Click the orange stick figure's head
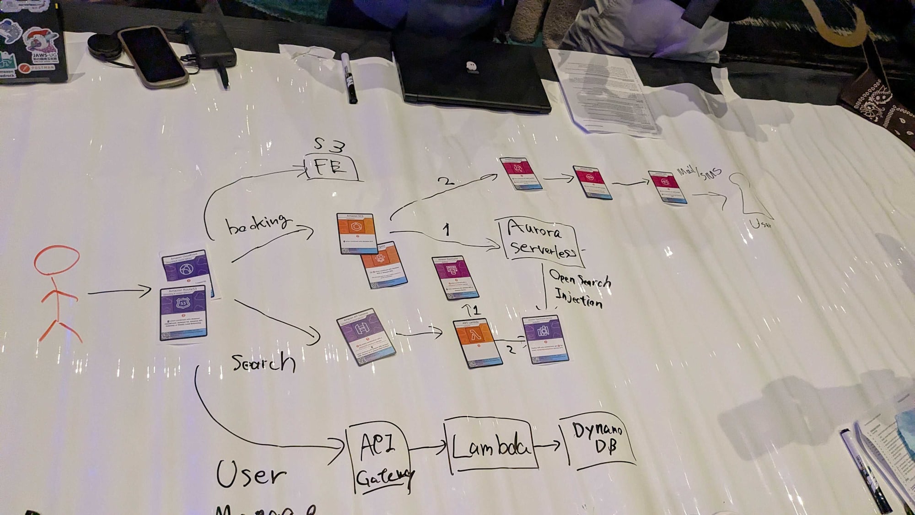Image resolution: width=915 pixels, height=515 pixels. [x=57, y=260]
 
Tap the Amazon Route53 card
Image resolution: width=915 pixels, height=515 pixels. [x=183, y=314]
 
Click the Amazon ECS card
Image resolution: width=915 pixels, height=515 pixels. [x=357, y=233]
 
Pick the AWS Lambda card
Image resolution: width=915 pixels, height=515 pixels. [x=477, y=342]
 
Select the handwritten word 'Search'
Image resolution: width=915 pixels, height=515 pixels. [x=263, y=363]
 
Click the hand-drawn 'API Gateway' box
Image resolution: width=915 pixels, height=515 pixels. [x=378, y=458]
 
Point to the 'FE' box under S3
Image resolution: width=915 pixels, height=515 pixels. [x=331, y=168]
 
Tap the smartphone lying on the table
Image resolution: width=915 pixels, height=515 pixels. [x=153, y=56]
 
